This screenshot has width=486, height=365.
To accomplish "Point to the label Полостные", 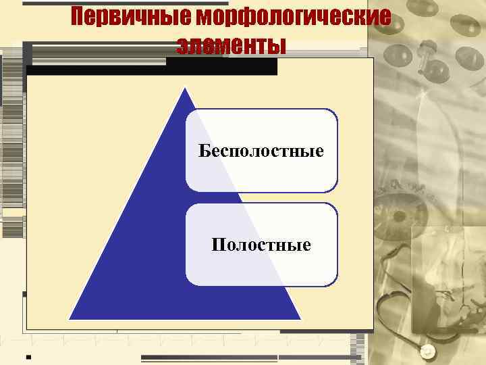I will click(261, 243).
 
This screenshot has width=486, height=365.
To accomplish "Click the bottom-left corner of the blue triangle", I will click(70, 318).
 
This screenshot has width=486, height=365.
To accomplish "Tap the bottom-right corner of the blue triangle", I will click(300, 318).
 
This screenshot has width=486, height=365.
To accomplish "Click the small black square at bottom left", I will click(28, 356).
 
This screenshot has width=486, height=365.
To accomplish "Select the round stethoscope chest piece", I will click(426, 351).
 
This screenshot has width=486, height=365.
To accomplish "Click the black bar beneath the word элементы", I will click(223, 66).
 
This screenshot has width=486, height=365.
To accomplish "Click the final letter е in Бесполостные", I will click(319, 150).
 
